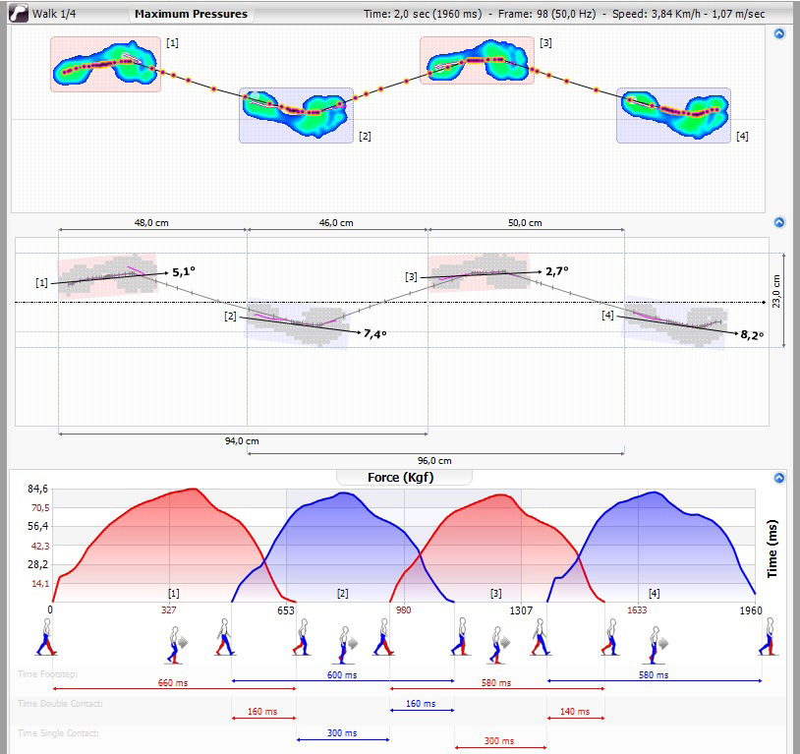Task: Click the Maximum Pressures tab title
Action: point(191,15)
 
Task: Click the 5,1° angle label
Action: point(184,271)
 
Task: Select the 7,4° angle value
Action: point(374,334)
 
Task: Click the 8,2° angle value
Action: point(752,334)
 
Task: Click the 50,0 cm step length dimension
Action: point(524,223)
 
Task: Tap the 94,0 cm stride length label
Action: point(242,441)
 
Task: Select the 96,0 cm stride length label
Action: point(433,461)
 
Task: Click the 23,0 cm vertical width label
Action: point(775,291)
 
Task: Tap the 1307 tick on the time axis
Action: point(521,610)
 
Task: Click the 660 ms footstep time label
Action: point(172,682)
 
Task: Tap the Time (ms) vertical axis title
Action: point(772,550)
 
